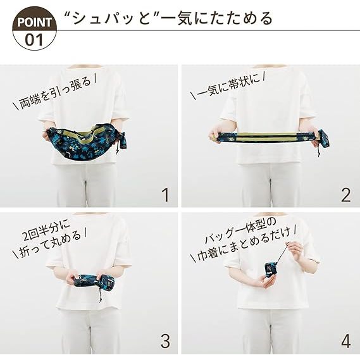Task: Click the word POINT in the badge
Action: (34, 22)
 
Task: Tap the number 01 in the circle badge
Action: (34, 39)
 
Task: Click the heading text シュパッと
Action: (111, 18)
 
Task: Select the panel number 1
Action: (166, 195)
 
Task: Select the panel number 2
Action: (346, 195)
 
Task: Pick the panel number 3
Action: (165, 341)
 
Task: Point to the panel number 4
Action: (346, 341)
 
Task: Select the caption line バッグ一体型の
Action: (240, 231)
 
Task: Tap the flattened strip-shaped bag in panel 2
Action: (266, 137)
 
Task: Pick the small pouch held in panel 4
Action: (271, 270)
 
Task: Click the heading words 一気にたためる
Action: (216, 18)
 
